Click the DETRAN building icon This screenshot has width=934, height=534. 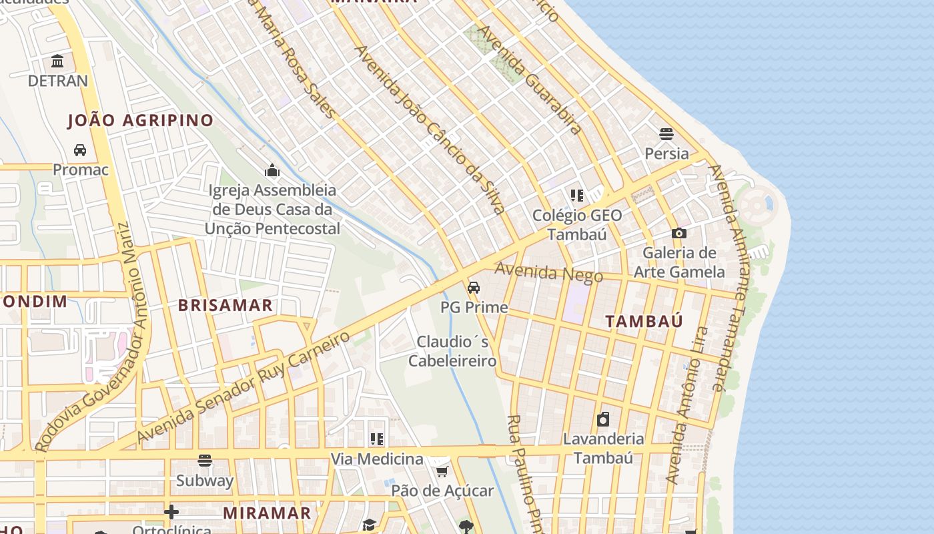[x=57, y=61]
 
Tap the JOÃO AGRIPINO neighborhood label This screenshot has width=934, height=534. [x=140, y=121]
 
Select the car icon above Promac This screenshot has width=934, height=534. [x=80, y=150]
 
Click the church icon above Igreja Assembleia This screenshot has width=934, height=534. [x=272, y=171]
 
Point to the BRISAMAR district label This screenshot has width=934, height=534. [x=225, y=306]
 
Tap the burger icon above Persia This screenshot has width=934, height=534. [x=666, y=134]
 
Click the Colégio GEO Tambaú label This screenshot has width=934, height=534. [x=577, y=225]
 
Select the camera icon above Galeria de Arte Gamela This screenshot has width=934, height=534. [x=679, y=233]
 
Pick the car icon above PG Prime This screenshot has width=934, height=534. [x=474, y=288]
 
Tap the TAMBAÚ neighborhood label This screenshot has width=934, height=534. [x=644, y=321]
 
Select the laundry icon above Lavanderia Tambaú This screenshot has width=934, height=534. [x=603, y=419]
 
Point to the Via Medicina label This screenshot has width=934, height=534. [x=378, y=459]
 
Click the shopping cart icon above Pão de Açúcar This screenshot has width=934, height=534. [x=442, y=472]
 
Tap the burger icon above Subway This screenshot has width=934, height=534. [x=205, y=461]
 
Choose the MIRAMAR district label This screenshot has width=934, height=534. [x=267, y=513]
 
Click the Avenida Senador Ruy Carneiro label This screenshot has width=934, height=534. [x=244, y=387]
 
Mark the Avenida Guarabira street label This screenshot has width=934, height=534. [x=530, y=80]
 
